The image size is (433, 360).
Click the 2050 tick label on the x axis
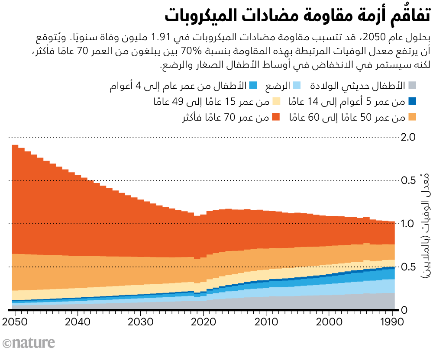point(15,322)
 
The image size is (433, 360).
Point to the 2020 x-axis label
point(204,322)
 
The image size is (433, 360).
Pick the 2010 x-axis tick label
point(267,322)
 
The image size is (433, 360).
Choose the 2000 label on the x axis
point(330,322)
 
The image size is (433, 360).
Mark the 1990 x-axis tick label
point(392,322)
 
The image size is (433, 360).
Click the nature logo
point(29,343)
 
